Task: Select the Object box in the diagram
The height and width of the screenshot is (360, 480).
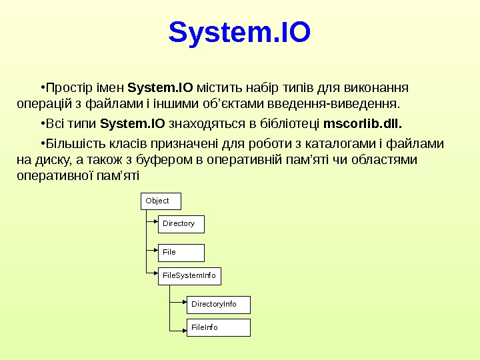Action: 161,201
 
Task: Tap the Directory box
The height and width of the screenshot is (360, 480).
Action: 181,224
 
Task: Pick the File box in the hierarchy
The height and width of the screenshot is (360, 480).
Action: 181,253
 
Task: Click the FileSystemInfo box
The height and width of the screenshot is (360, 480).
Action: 189,275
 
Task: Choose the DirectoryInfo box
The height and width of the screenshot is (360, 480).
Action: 217,305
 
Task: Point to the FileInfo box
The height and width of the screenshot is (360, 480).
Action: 217,327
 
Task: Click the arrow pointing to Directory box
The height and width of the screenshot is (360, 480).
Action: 153,224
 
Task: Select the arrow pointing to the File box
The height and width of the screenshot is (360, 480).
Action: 153,253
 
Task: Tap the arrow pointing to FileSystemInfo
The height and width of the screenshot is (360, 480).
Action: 153,272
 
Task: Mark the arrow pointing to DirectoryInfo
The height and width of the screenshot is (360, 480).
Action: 181,305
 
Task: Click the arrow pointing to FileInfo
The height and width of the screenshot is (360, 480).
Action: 181,327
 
